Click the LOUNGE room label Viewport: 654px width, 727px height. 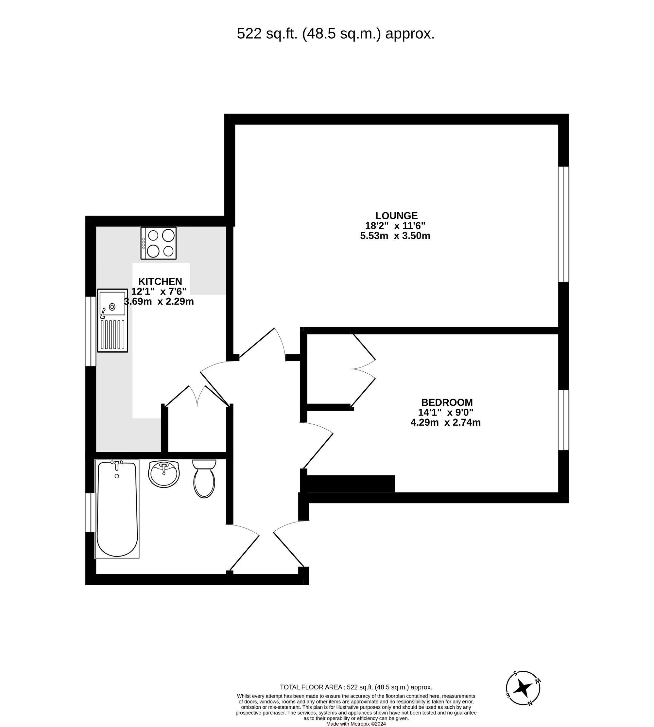[x=396, y=216]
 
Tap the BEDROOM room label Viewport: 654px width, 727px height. [x=447, y=402]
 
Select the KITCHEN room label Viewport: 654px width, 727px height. [x=160, y=281]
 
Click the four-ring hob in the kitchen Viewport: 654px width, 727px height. [x=159, y=243]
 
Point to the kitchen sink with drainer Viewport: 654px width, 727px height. [x=112, y=320]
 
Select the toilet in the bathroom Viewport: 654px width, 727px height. [x=204, y=479]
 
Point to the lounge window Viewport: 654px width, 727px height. [x=563, y=224]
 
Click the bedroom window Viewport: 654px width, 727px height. [x=563, y=420]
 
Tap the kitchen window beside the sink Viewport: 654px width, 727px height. [x=91, y=331]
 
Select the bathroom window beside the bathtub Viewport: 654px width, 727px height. [x=91, y=512]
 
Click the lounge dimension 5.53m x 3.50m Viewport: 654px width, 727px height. [x=395, y=236]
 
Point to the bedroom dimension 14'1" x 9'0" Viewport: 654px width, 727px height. [x=446, y=412]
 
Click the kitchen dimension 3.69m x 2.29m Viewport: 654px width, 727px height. [x=159, y=302]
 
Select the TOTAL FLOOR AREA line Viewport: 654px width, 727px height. [x=356, y=687]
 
